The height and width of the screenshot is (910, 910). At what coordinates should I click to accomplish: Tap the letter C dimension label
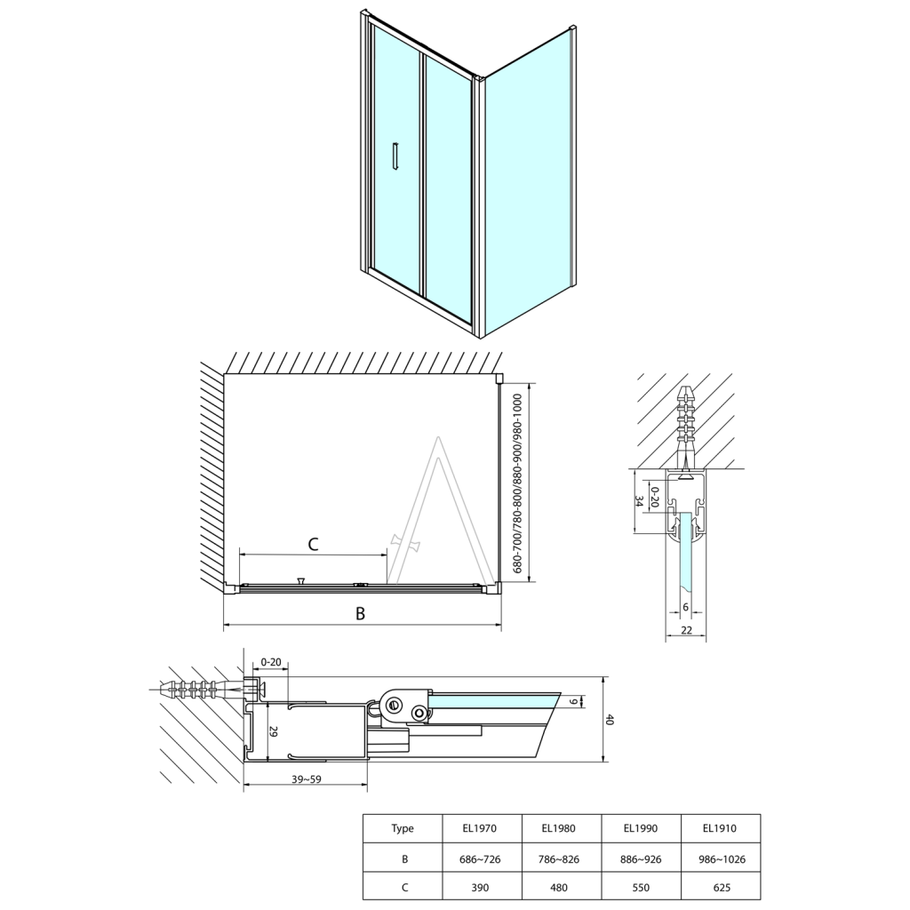click(312, 543)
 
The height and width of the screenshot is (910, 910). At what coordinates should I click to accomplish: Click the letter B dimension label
click(360, 612)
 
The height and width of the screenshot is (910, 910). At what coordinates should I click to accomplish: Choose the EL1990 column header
click(640, 828)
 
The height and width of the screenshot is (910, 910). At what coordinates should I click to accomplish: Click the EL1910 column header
click(720, 828)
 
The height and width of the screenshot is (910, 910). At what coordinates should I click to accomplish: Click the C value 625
click(720, 886)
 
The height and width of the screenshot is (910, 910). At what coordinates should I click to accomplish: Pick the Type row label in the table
click(403, 828)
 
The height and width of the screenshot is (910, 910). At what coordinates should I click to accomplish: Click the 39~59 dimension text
click(305, 779)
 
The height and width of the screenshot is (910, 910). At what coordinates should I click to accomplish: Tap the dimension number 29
click(273, 732)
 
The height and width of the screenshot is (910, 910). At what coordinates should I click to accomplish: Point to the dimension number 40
click(610, 721)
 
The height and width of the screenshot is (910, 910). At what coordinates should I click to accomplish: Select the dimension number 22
click(686, 630)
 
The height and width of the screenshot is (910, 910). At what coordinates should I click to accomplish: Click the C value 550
click(640, 886)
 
